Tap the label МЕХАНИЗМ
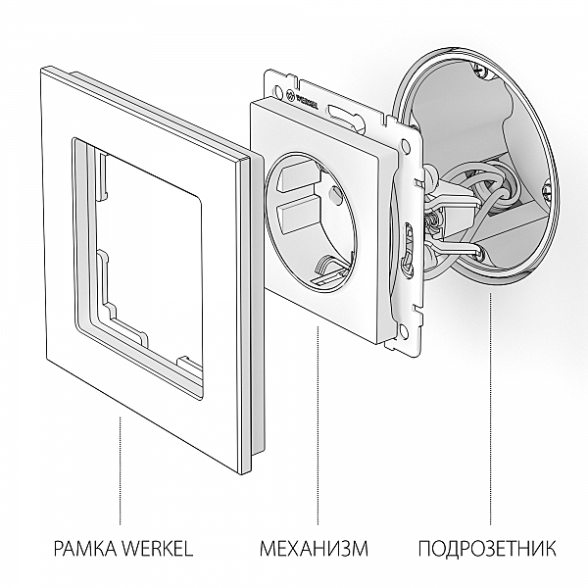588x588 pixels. pyautogui.click(x=314, y=547)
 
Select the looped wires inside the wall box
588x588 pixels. pyautogui.click(x=470, y=191)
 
